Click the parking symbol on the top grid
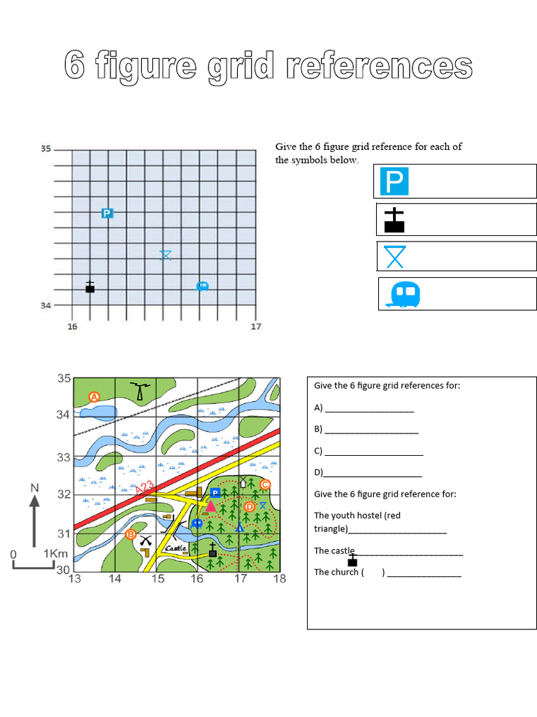coord(106,213)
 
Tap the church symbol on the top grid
coord(89,287)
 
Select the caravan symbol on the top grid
coord(202,286)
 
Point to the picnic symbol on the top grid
coord(165,255)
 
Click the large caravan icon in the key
coord(403,295)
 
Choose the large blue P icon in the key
coord(394,182)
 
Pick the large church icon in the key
coord(394,220)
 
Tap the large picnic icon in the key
coord(395,256)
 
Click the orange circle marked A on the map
coord(94,397)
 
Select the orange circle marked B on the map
coord(130,534)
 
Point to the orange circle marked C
coord(264,485)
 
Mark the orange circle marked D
coord(249,507)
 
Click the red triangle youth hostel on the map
coord(210,506)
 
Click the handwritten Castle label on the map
coord(176,548)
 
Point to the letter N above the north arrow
coord(34,487)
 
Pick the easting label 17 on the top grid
coord(256,326)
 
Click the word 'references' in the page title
coord(378,67)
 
